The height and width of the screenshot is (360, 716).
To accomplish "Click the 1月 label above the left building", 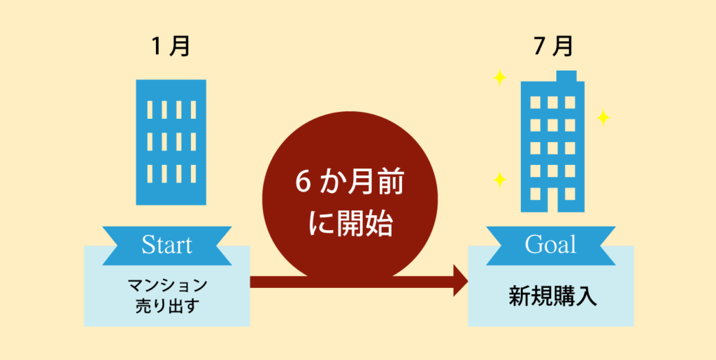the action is coord(171,47).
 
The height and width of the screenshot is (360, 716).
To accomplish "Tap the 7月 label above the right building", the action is coord(553,47).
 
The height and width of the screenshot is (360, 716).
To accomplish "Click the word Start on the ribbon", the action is coord(166,245).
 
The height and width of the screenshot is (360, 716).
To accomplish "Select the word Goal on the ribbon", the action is coord(550,245).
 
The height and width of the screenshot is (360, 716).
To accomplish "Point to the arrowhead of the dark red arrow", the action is coord(460,280).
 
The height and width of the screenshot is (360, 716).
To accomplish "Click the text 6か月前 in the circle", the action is coord(350,183).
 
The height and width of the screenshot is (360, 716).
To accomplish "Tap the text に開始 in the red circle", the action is coord(350,224).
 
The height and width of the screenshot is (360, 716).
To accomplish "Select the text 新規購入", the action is coord(552,296).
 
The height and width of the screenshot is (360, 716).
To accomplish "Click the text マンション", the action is coord(167,286).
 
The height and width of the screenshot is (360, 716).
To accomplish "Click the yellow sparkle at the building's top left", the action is coord(500,78).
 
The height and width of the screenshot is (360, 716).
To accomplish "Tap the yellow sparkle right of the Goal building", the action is coord(603,117).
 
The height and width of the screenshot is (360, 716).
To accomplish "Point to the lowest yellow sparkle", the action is coord(500,180).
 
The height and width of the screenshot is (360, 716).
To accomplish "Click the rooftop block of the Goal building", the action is coord(566,76).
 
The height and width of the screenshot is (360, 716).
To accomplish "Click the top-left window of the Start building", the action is coord(150,110).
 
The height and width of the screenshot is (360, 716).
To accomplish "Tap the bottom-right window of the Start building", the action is coord(193,173).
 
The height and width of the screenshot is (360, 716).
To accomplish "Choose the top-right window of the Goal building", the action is coord(570,102).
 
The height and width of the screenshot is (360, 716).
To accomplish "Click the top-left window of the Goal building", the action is coord(535,102).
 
